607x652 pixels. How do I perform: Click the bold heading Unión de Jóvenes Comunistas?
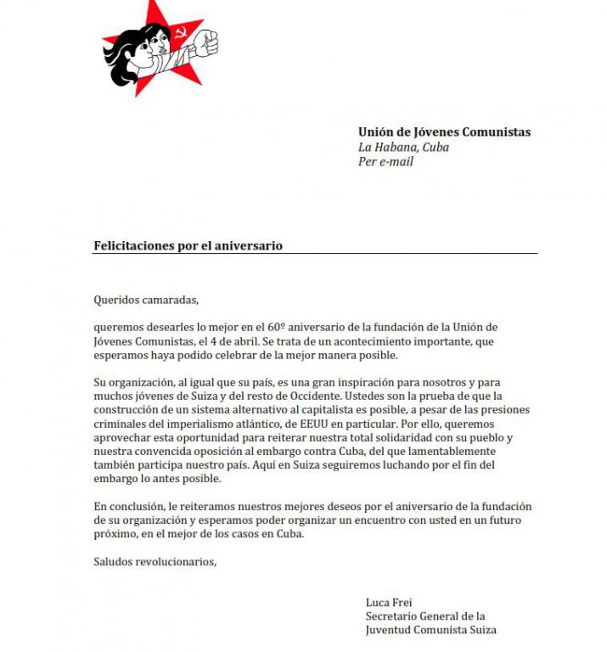(x=444, y=132)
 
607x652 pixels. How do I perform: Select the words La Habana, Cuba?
(x=403, y=147)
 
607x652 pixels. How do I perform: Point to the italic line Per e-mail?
(x=385, y=161)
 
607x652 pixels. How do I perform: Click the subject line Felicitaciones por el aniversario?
(x=188, y=245)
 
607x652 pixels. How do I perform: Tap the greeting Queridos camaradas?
(x=145, y=299)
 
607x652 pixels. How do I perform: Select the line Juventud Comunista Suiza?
(x=430, y=630)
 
